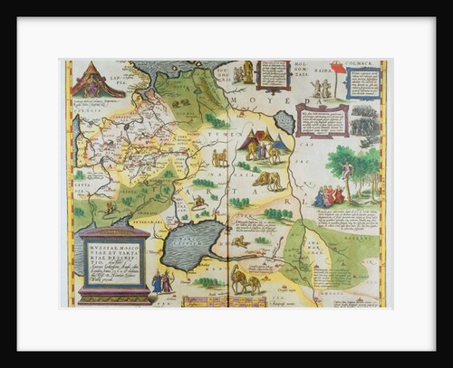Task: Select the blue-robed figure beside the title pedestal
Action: click(157, 283)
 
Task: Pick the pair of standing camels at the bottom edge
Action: click(246, 283)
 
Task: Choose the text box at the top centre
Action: click(273, 77)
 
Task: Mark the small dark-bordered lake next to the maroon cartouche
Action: click(284, 121)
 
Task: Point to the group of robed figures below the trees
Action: click(329, 194)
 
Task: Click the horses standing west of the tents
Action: click(219, 156)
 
